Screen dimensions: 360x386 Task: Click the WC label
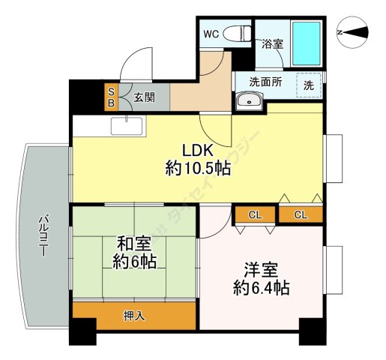tap(211, 34)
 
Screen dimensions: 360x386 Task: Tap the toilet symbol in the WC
tap(238, 33)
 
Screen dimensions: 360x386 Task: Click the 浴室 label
tap(271, 44)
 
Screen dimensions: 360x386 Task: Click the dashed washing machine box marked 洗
tap(308, 84)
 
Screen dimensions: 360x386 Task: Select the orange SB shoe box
tap(110, 96)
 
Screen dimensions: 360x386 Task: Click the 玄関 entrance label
tap(145, 97)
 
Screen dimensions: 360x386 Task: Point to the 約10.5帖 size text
tap(197, 169)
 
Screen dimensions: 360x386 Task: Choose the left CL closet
tap(255, 215)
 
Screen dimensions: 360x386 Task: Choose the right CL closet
tap(300, 215)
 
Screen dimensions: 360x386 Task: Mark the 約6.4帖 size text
tap(260, 288)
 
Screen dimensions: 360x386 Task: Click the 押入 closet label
tap(134, 315)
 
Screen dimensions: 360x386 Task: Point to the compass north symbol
tap(353, 32)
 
